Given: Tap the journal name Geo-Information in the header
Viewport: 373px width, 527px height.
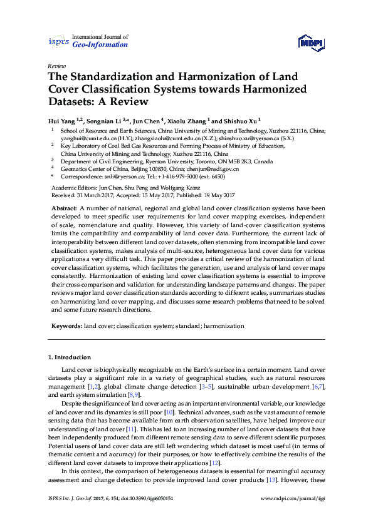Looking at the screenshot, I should pos(100,45).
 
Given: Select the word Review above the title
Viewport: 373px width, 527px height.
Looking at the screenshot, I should pos(56,65).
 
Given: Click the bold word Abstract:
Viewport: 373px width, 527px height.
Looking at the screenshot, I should pos(65,207).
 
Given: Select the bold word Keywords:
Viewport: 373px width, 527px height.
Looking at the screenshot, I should pos(66,326).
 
